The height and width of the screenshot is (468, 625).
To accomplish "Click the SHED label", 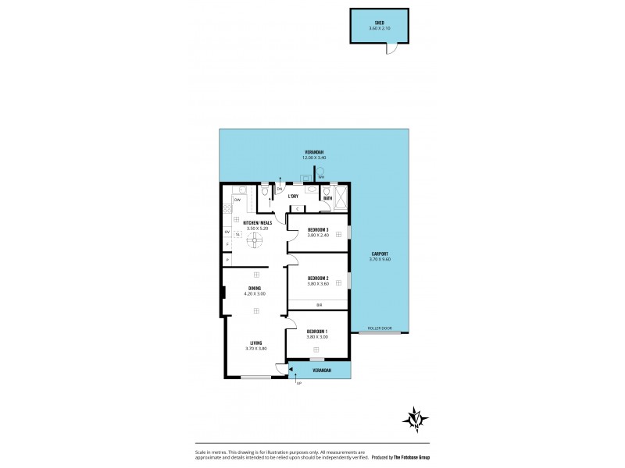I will click(x=378, y=23).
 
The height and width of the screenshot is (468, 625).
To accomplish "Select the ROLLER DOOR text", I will click(x=379, y=329).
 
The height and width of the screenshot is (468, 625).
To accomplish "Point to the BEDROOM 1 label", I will click(x=316, y=331).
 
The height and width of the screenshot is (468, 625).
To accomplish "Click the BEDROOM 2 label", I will click(x=316, y=278).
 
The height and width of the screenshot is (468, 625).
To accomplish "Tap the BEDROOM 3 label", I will click(x=317, y=229).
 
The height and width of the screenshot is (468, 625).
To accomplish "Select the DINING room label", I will click(x=255, y=289).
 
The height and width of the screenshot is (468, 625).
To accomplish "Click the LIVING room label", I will click(x=256, y=343).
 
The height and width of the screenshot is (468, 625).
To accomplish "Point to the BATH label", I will click(x=327, y=198).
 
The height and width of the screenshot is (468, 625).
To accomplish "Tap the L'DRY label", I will click(x=294, y=197).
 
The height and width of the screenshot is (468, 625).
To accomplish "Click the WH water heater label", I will click(x=320, y=177).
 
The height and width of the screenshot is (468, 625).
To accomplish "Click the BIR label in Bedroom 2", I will click(x=319, y=305).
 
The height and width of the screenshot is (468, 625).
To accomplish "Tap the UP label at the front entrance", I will click(x=298, y=384).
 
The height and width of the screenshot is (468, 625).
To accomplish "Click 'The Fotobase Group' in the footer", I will click(x=412, y=456).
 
